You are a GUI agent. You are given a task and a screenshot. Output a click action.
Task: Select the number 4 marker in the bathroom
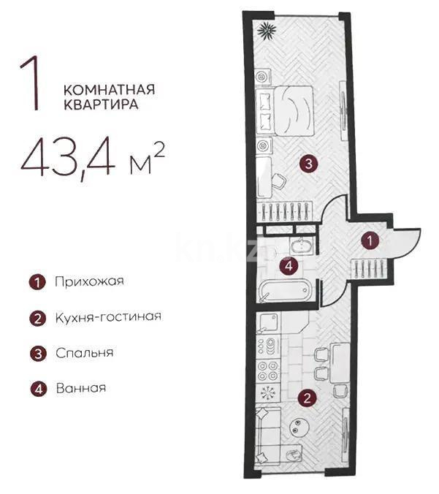pos(290,266)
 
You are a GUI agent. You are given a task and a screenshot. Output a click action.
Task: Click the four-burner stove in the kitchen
pos(269,369)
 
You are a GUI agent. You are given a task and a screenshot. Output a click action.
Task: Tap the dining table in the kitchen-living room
pos(337,362)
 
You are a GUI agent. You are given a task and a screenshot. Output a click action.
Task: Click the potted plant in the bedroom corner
pos(267,30)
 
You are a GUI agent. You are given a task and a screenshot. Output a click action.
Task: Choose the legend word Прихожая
pos(89,281)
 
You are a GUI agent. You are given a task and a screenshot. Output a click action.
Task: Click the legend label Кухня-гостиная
pos(107,317)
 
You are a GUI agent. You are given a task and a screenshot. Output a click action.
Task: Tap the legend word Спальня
pos(84,352)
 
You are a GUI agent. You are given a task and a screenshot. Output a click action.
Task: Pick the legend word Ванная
pos(80,388)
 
